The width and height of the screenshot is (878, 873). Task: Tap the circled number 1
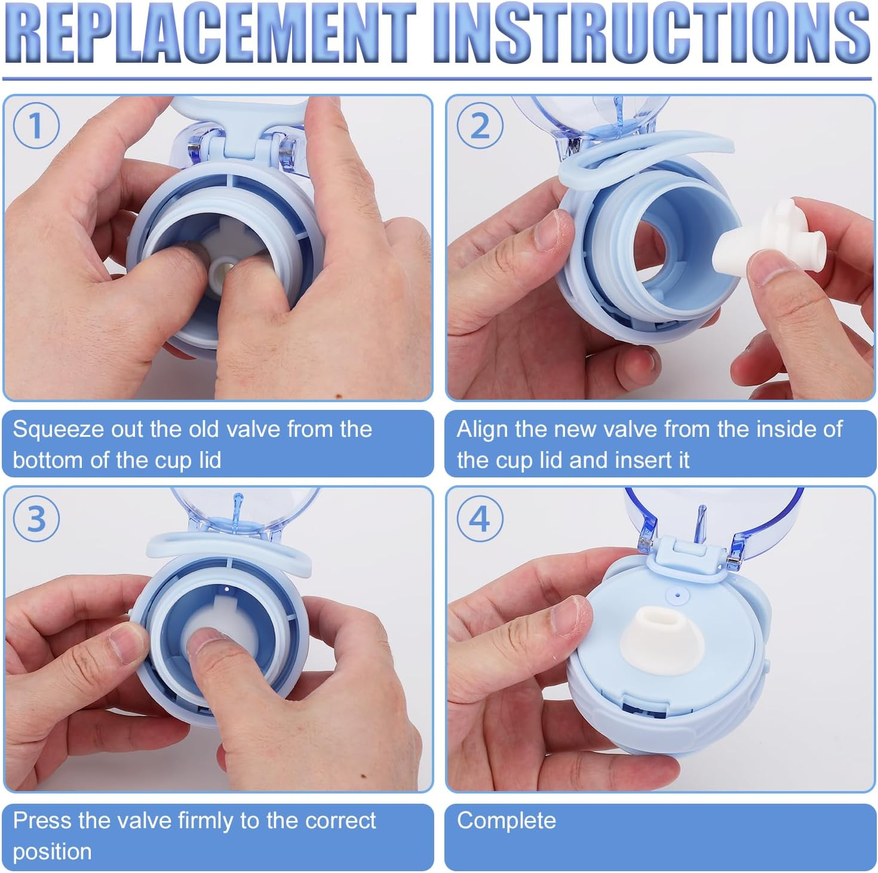pyautogui.click(x=36, y=126)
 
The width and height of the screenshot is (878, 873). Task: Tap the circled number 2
pyautogui.click(x=480, y=126)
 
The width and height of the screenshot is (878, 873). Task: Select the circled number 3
pyautogui.click(x=36, y=518)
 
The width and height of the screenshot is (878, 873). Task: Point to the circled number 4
pyautogui.click(x=480, y=518)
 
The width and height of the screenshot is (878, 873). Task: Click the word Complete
pyautogui.click(x=506, y=821)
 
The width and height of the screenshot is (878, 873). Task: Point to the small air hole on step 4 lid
pyautogui.click(x=677, y=595)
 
